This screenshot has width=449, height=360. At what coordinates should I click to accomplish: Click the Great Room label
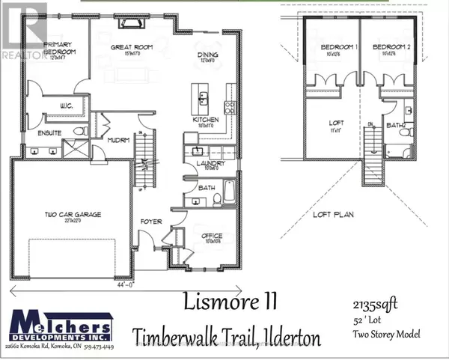127,47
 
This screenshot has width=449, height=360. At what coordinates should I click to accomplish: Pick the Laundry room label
206,165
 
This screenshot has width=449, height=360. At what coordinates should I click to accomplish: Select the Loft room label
335,126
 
